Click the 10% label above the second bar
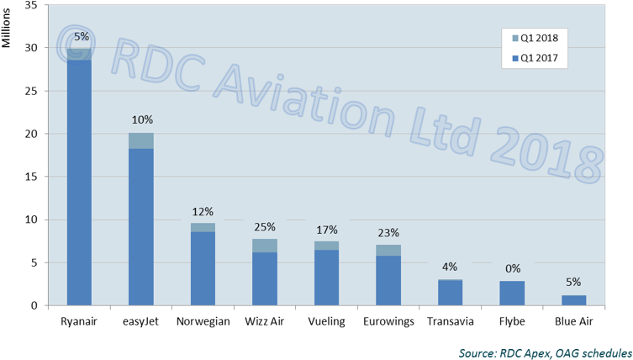click(141, 120)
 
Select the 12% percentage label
click(203, 212)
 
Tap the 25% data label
click(265, 228)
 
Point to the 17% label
click(326, 230)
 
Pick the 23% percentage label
click(388, 233)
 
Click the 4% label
click(450, 267)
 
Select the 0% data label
click(512, 269)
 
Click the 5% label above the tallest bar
click(82, 36)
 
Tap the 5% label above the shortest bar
click(573, 283)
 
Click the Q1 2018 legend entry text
click(540, 38)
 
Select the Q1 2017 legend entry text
click(540, 59)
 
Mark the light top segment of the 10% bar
click(141, 140)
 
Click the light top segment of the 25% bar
click(265, 245)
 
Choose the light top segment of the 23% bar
click(388, 250)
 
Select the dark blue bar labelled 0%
click(512, 293)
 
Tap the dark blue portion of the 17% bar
click(326, 278)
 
